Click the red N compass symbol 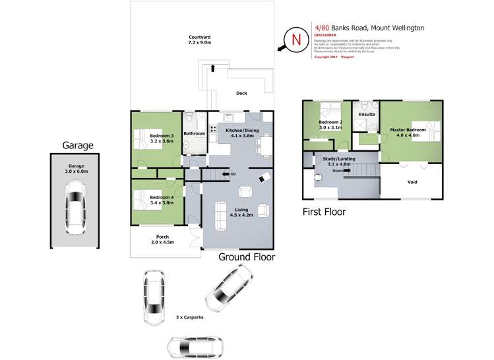[x=296, y=40]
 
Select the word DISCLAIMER [x=325, y=35]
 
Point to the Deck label [x=241, y=94]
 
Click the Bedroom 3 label [x=162, y=137]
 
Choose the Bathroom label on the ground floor [x=194, y=133]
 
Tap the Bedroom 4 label [x=161, y=200]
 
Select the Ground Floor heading [x=246, y=257]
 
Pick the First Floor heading [x=324, y=212]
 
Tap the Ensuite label [x=366, y=114]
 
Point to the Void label [x=412, y=183]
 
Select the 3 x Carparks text [x=189, y=317]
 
